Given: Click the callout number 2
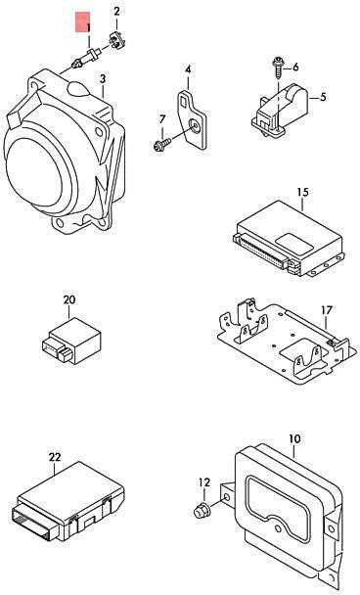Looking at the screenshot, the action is coord(116,12).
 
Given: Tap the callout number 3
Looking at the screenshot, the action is coord(103,79).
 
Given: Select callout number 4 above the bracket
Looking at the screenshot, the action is coord(188,69).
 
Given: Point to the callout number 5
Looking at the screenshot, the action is coord(323,97).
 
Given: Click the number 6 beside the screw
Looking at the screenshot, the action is coord(295,68).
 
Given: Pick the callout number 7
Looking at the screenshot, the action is coord(162,119).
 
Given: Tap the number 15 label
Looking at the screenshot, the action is coord(302,192).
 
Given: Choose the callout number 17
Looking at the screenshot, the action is coord(326,310).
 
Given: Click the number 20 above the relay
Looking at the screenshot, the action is coord(69,299).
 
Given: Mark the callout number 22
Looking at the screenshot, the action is coord(55,457).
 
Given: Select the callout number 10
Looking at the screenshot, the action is coord(294,439).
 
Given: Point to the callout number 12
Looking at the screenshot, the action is coord(203,482).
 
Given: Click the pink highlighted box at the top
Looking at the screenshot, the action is coord(83,23).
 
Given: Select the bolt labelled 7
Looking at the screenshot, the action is coord(161,145).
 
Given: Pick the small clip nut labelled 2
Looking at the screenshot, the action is coord(117,41).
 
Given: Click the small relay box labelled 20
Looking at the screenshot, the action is coord(71,341).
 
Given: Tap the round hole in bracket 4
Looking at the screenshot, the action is coord(195,126).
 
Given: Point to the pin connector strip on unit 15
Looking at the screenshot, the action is coord(261,252).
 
